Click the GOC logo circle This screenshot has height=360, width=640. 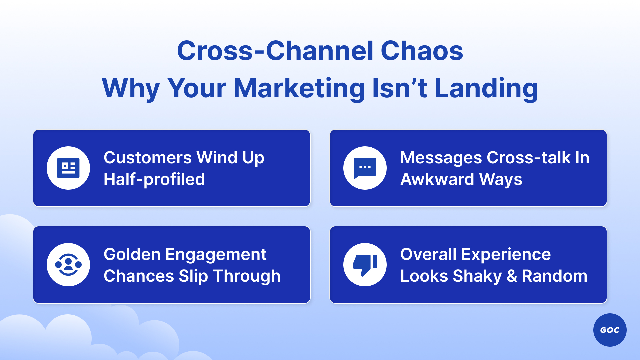[x=610, y=330]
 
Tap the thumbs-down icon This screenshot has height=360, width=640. [x=365, y=265]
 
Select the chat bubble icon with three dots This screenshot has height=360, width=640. [x=365, y=168]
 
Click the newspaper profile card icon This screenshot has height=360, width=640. [x=68, y=168]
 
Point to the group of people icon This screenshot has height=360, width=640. [x=68, y=265]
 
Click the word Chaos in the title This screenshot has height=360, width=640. [x=422, y=51]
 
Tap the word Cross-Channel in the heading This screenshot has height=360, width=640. [x=275, y=51]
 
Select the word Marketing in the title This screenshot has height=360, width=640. [x=299, y=88]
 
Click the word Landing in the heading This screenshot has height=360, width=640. [x=486, y=88]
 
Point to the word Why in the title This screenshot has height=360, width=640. [x=131, y=88]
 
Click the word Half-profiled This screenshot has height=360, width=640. [x=154, y=179]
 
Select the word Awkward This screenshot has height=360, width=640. [x=437, y=179]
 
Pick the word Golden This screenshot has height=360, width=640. [x=132, y=254]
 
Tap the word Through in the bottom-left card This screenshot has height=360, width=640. [x=247, y=276]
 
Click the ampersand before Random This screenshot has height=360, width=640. [x=512, y=276]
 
